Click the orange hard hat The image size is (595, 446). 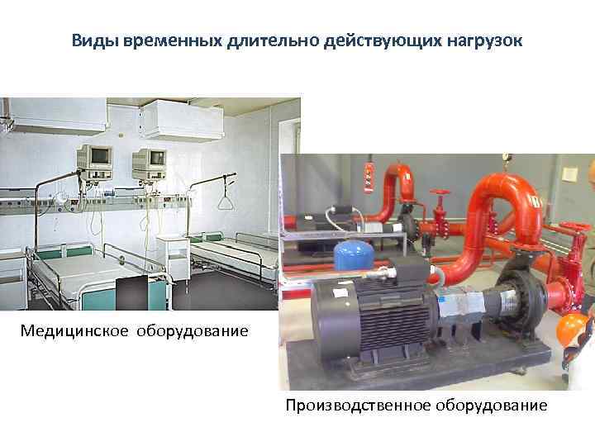[573, 330]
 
